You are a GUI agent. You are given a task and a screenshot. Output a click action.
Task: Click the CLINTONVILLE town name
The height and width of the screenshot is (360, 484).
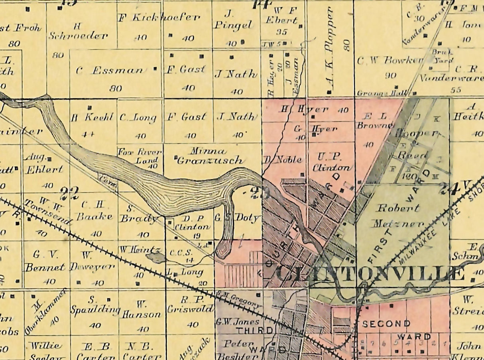369,274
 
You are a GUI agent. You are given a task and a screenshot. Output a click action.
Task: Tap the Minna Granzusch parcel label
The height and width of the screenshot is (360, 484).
209,156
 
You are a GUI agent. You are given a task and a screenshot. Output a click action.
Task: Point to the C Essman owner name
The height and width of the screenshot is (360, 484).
110,71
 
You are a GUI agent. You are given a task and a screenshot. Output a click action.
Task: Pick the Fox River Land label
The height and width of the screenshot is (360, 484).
139,156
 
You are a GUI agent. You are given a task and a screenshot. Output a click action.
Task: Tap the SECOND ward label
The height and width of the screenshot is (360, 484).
386,323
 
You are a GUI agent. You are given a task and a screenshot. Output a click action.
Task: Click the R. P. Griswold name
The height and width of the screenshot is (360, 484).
191,304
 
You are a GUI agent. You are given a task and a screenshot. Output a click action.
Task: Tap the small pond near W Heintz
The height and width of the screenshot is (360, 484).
156,258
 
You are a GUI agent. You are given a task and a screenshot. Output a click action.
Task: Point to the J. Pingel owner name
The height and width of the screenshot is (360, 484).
233,20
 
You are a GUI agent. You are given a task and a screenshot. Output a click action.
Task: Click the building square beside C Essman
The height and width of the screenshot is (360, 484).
155,69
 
